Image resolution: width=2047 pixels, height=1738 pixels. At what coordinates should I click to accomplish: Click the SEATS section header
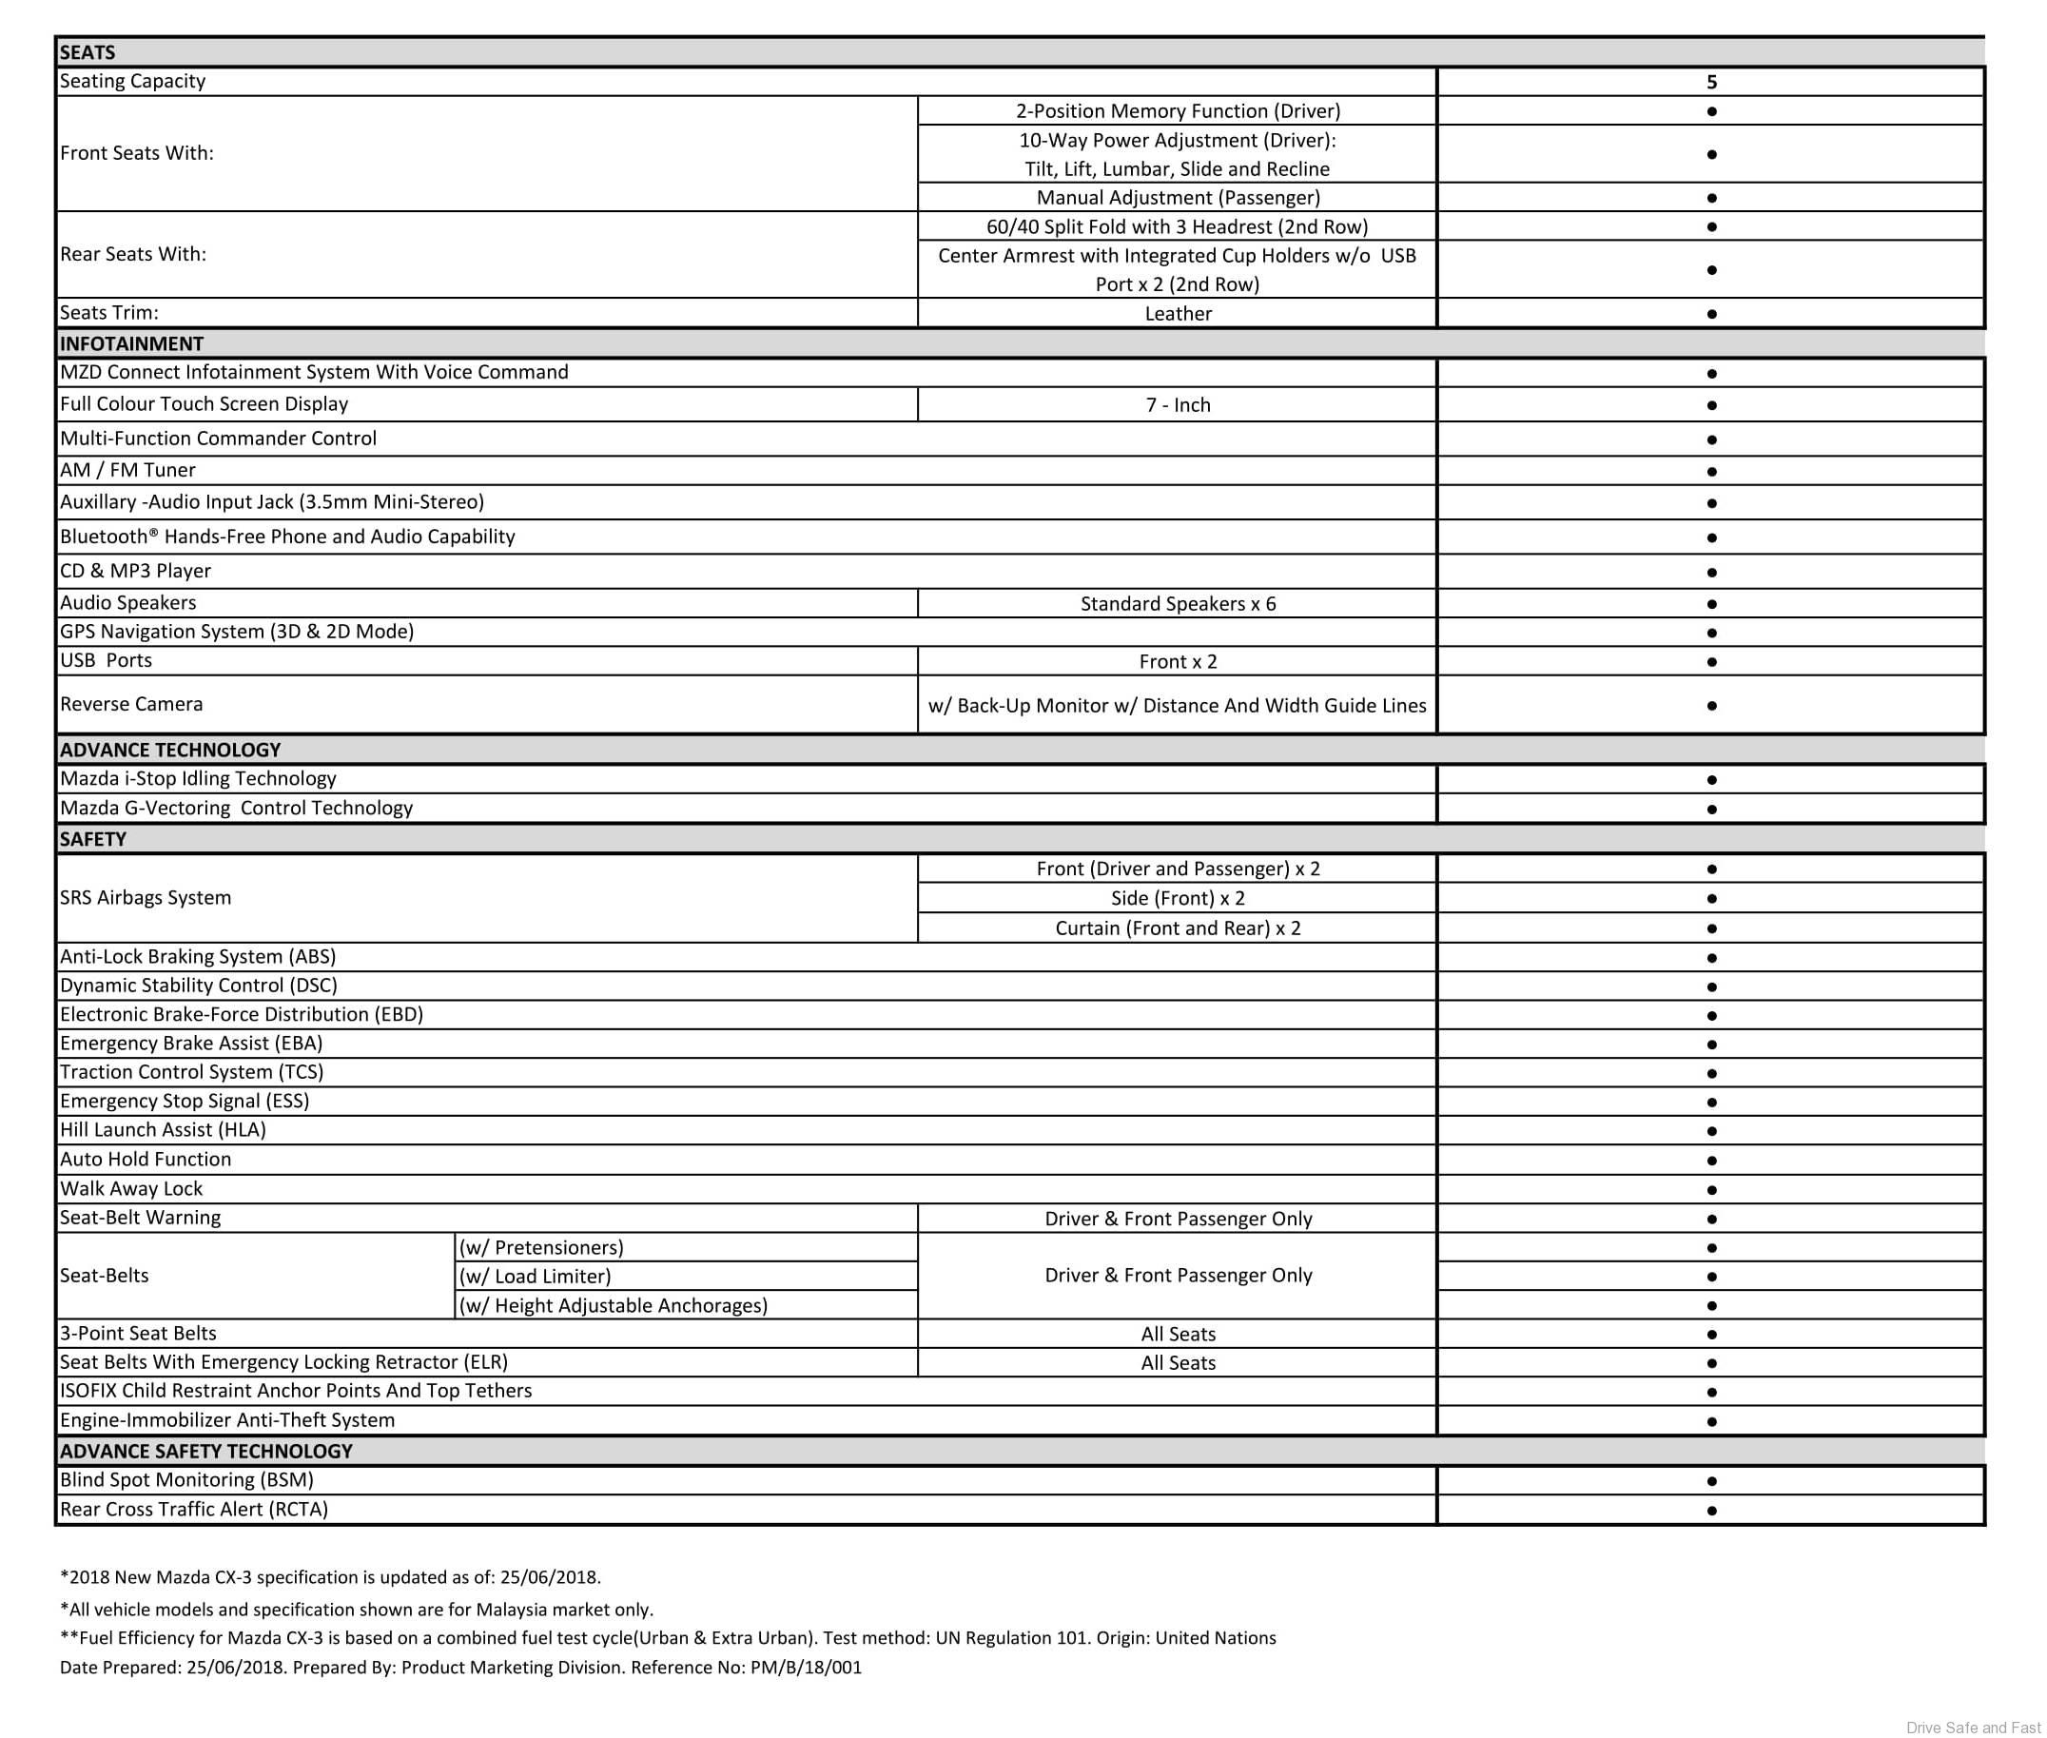pyautogui.click(x=88, y=52)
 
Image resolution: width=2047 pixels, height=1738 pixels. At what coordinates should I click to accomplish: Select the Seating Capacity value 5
pyautogui.click(x=1711, y=82)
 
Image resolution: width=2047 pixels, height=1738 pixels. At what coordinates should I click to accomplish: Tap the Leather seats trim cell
pyautogui.click(x=1178, y=313)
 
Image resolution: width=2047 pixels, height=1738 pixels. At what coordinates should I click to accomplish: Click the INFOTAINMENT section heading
pyautogui.click(x=131, y=342)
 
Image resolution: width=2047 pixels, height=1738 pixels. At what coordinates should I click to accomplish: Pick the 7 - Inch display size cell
pyautogui.click(x=1178, y=405)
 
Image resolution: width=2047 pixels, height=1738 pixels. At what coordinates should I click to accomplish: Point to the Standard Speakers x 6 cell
pyautogui.click(x=1178, y=603)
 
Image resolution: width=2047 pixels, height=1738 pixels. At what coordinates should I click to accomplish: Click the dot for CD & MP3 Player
pyautogui.click(x=1711, y=572)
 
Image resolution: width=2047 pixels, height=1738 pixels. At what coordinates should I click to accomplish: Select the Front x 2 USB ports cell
pyautogui.click(x=1178, y=661)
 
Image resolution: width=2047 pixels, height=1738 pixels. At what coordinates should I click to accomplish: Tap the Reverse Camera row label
pyautogui.click(x=131, y=704)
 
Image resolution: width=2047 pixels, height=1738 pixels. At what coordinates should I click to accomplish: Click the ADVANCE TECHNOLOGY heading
pyautogui.click(x=169, y=749)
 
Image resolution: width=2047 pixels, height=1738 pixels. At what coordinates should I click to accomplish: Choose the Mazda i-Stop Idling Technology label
pyautogui.click(x=198, y=778)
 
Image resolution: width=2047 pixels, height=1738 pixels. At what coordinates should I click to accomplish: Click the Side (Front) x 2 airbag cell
pyautogui.click(x=1178, y=898)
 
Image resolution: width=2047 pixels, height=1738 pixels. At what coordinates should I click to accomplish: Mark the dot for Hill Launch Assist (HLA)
pyautogui.click(x=1711, y=1130)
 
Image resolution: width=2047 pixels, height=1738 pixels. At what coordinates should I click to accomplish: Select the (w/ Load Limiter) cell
pyautogui.click(x=535, y=1276)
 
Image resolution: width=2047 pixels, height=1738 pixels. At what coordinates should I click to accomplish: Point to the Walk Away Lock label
pyautogui.click(x=131, y=1188)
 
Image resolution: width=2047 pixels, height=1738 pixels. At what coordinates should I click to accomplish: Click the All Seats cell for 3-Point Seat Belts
pyautogui.click(x=1178, y=1334)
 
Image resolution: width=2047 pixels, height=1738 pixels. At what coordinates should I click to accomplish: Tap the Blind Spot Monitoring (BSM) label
pyautogui.click(x=186, y=1480)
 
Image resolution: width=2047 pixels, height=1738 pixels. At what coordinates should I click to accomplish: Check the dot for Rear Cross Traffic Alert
pyautogui.click(x=1711, y=1510)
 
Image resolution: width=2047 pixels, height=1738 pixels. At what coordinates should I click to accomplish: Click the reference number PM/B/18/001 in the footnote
pyautogui.click(x=805, y=1667)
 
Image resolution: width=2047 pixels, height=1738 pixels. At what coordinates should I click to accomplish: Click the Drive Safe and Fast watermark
pyautogui.click(x=1973, y=1728)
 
